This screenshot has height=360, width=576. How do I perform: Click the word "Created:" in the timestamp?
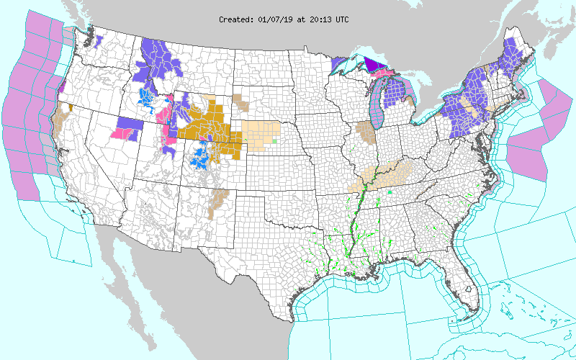235,19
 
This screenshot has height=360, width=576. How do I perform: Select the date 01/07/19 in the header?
275,19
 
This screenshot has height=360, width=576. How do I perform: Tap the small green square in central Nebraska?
274,140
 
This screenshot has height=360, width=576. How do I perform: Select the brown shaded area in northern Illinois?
366,132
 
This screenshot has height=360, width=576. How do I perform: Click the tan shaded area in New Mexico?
218,199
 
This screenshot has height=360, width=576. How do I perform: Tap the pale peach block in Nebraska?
259,131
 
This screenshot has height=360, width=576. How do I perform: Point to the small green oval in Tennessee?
390,193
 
